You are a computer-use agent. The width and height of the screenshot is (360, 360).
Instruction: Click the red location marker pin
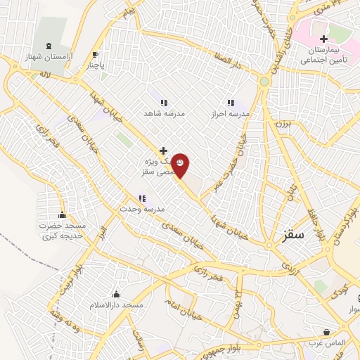pos(181,165)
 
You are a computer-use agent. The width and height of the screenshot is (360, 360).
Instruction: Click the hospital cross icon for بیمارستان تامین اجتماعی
pos(323,39)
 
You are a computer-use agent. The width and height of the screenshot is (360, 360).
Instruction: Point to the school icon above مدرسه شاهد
pos(164,103)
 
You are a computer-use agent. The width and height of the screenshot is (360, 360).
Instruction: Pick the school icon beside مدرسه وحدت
pos(142,199)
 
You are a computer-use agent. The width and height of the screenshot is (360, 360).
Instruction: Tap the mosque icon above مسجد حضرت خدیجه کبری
pos(62,215)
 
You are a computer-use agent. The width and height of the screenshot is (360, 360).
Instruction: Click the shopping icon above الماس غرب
pos(326,332)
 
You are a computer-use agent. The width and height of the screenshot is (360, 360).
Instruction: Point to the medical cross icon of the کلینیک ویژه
pos(163,150)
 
